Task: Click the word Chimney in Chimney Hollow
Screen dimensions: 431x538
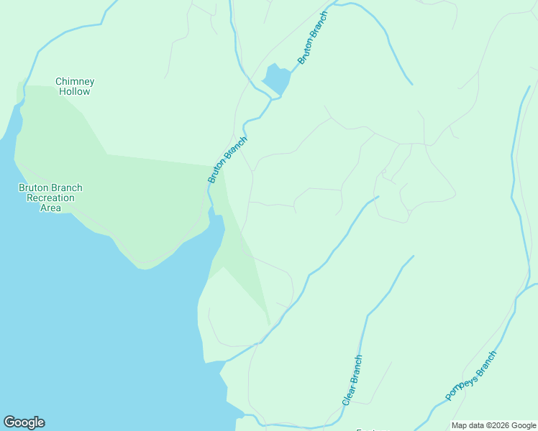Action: pos(75,82)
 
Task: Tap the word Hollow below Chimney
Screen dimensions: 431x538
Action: pos(75,92)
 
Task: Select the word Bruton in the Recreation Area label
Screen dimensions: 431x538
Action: pos(34,188)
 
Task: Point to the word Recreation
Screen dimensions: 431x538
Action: pos(50,198)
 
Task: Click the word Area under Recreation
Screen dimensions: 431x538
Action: pos(50,208)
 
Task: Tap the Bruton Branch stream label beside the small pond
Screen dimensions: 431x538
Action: pos(313,37)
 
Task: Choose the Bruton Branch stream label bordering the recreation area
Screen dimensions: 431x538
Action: pos(227,159)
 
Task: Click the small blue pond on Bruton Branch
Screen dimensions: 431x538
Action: pos(277,78)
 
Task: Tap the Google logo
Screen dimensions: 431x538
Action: pos(24,422)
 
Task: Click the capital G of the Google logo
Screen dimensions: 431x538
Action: pos(9,422)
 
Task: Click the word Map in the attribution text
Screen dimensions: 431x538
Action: pos(460,425)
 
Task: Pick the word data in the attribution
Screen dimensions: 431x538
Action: pos(477,425)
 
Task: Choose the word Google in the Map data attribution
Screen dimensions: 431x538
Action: pos(523,425)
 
